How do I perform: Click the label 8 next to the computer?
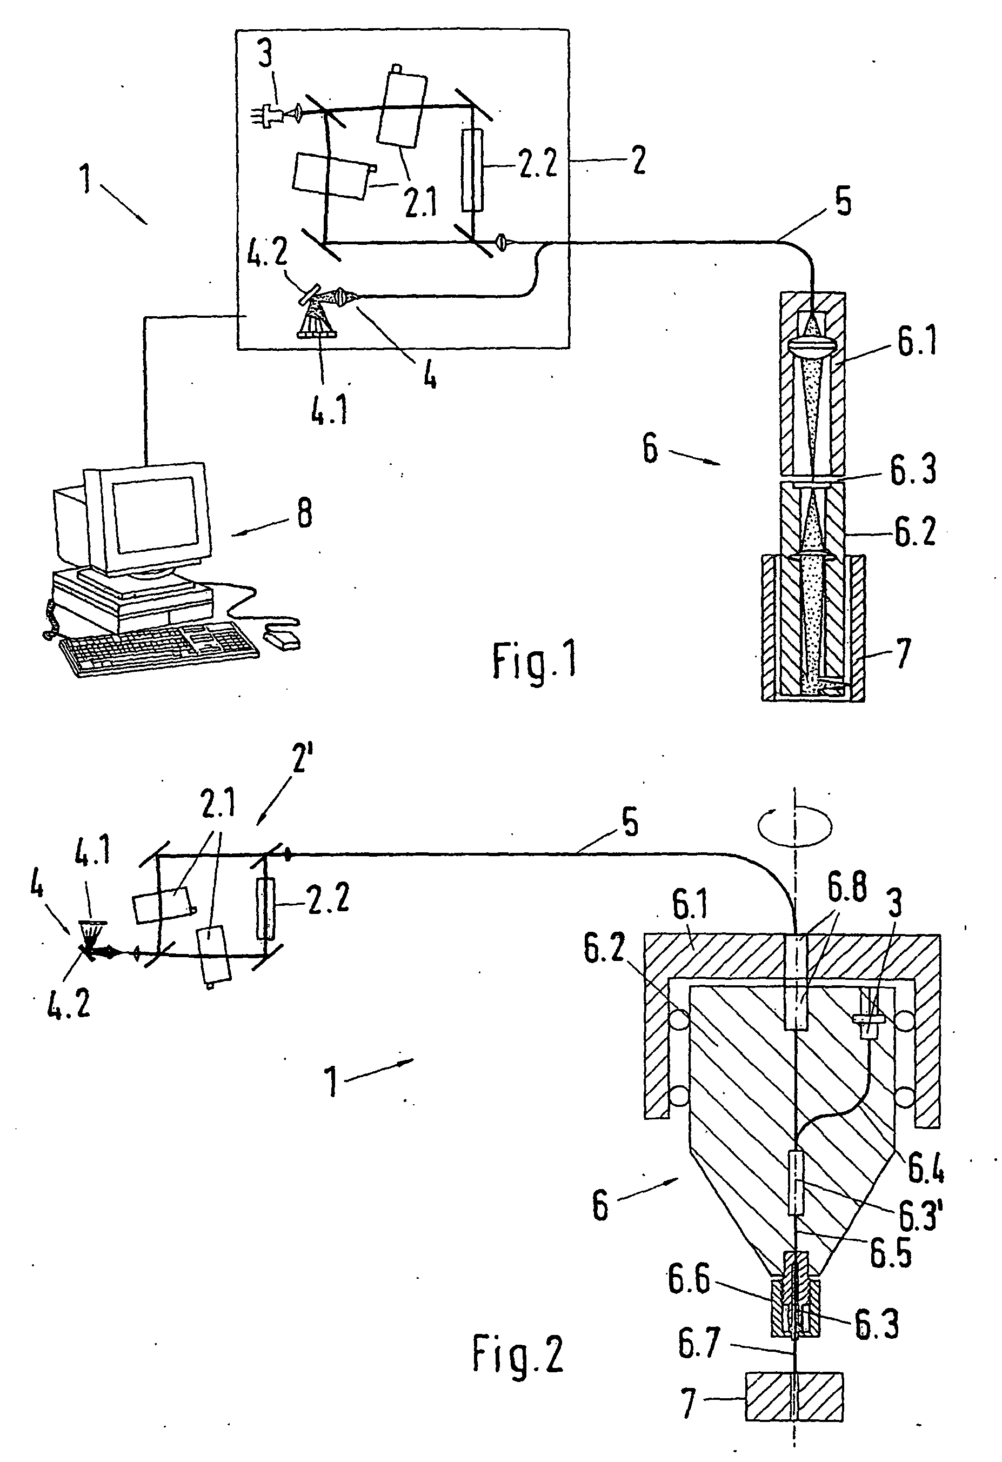tap(304, 514)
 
